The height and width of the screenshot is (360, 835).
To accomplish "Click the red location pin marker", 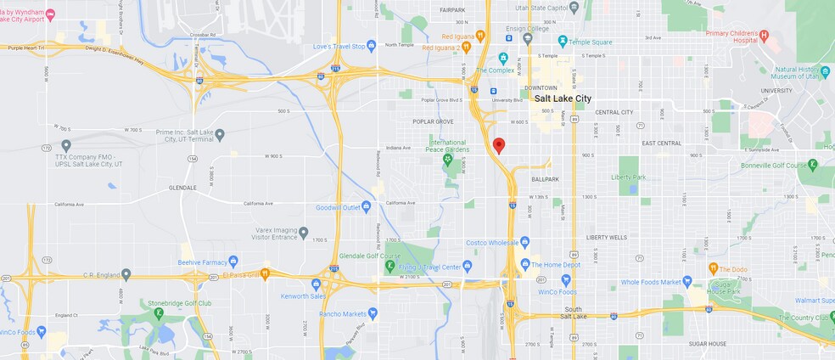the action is pos(499,145).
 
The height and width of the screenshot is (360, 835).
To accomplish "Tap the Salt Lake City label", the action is pos(563,98).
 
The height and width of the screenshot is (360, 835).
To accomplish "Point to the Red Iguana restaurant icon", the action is pos(479,36).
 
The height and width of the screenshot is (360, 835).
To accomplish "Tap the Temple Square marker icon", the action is pos(563,40).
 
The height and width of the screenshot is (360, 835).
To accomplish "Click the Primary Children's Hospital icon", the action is pos(763,36).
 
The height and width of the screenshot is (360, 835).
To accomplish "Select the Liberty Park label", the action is pos(628,177).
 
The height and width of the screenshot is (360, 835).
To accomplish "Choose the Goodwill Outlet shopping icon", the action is pos(367,205).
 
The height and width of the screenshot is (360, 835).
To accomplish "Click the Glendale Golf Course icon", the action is pos(389,266).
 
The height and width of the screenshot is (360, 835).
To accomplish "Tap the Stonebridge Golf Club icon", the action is pos(158,312).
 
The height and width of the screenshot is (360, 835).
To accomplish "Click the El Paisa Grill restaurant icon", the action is pos(265,273).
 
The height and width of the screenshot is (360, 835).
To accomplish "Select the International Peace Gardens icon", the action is pos(447,159).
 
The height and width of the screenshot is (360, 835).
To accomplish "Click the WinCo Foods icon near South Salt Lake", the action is pos(566,279).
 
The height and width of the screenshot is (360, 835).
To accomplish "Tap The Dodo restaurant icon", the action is pos(713,269).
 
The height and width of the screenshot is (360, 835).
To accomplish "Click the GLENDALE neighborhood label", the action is pos(182,188).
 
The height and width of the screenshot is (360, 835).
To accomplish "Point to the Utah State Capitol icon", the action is pos(574,7).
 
